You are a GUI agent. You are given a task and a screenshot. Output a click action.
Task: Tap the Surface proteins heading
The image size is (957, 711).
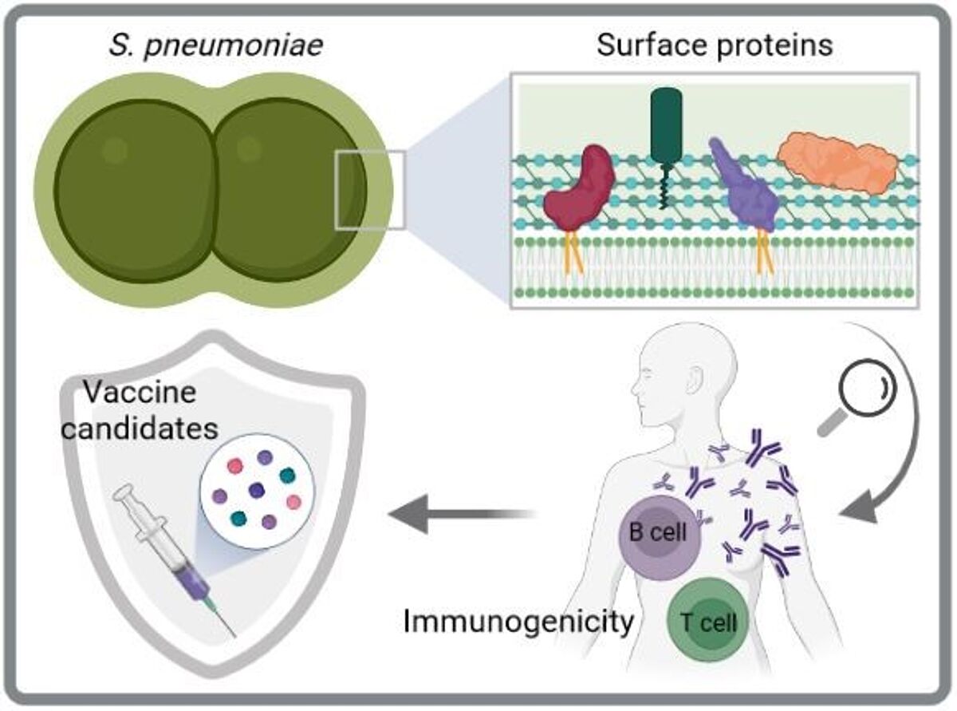click(715, 45)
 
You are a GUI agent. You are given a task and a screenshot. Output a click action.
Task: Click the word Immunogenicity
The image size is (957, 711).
click(518, 621)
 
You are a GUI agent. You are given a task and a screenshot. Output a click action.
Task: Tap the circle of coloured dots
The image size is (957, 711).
click(254, 489)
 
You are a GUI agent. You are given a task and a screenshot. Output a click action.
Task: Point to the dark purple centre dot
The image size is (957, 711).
click(256, 489)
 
